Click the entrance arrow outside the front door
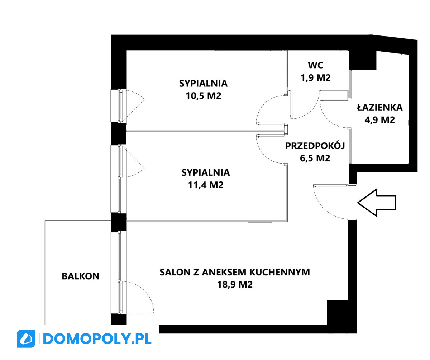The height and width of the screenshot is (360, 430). click(x=377, y=203)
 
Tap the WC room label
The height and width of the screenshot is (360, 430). click(x=315, y=65)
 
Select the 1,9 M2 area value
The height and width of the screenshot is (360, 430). click(x=315, y=78)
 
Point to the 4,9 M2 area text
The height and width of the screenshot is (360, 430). click(x=379, y=120)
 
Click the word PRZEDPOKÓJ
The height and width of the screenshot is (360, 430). click(x=315, y=146)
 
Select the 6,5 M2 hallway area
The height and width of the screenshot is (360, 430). click(x=315, y=158)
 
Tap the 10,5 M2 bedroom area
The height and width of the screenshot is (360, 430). click(x=204, y=96)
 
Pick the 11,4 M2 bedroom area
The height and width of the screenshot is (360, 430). click(x=206, y=185)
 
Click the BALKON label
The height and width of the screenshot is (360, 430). click(x=81, y=276)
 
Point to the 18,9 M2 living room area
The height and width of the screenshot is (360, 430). click(x=235, y=285)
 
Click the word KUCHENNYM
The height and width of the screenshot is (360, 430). click(x=279, y=272)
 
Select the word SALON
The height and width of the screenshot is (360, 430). click(x=175, y=272)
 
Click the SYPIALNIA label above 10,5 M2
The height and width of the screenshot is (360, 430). click(x=204, y=83)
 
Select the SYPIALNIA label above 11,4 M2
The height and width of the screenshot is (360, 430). click(x=206, y=172)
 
